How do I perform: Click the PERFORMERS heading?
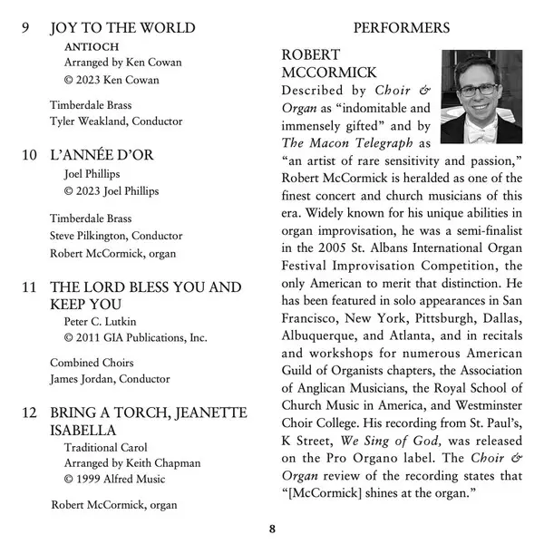pos(401,28)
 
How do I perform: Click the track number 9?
pos(27,28)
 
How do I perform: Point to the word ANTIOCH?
pos(91,46)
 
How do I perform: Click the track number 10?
pos(30,155)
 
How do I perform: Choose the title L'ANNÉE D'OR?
pos(102,155)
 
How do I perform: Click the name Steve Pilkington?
pos(87,236)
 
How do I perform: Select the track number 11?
pos(30,287)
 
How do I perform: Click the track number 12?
pos(30,413)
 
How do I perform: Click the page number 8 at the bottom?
pos(272,529)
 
